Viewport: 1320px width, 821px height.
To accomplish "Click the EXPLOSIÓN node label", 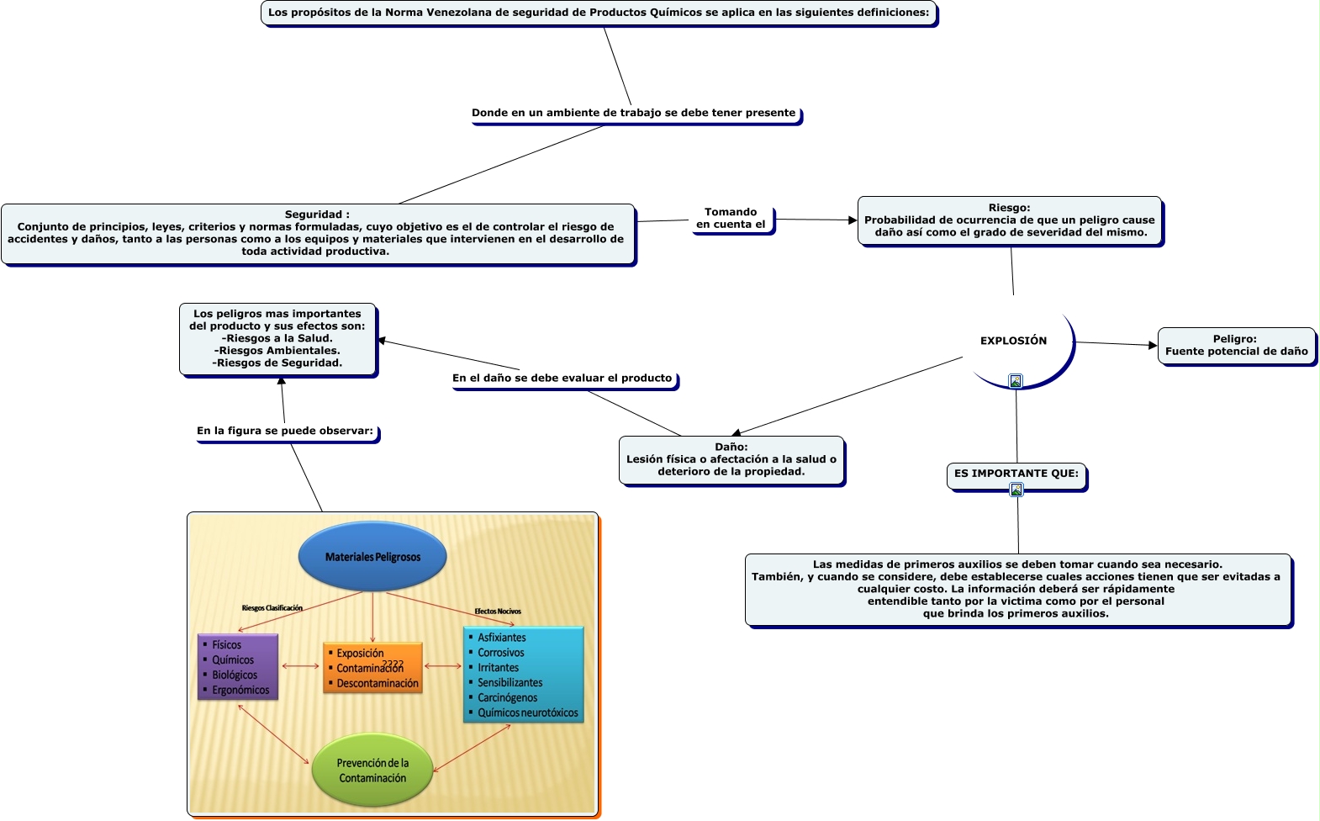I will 1013,341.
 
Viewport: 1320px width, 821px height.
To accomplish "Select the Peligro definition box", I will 1236,346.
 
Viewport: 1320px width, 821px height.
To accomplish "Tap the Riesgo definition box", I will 1009,220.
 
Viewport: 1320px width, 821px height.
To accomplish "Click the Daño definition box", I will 731,459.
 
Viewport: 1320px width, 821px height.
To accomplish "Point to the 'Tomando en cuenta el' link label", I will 731,219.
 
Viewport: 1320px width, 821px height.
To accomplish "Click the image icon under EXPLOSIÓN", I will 1016,381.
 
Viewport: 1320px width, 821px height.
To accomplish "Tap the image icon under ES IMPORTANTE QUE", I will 1016,490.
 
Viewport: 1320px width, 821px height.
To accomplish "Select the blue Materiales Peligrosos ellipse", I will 372,556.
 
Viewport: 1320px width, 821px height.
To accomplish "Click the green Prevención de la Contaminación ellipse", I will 372,771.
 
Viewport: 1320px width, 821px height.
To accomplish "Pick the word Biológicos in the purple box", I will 235,675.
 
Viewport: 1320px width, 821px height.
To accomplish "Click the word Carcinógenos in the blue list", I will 507,698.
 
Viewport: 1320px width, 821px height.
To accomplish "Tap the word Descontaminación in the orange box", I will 378,684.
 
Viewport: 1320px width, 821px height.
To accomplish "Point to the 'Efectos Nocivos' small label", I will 498,612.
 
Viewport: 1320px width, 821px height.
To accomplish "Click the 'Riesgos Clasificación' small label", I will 272,608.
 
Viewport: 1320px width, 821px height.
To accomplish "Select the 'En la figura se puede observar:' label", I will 285,431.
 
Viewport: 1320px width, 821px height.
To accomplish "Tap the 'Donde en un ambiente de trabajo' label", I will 633,113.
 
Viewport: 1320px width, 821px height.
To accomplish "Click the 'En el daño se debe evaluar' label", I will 562,379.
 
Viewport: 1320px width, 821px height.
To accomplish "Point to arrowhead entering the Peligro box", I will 1153,345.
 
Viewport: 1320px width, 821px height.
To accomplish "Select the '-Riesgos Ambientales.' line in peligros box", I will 277,351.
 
